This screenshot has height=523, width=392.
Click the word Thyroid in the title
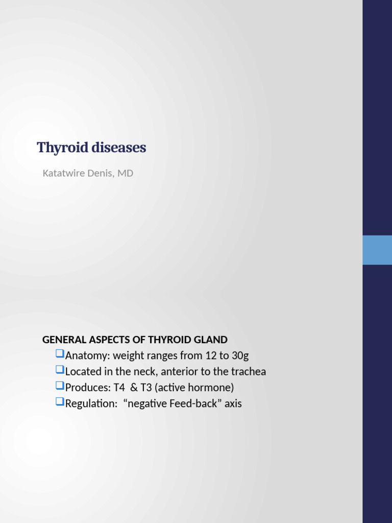(x=58, y=148)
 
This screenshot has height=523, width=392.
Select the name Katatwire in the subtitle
(x=64, y=173)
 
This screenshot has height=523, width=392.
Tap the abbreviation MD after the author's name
(x=126, y=173)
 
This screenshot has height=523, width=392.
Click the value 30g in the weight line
(x=240, y=355)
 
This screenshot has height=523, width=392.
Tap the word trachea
(x=249, y=371)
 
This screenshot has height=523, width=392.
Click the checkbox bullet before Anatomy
(x=59, y=353)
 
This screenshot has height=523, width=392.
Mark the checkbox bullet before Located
(x=59, y=369)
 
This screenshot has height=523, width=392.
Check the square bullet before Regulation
(x=59, y=401)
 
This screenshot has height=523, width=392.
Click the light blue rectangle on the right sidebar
(x=377, y=250)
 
